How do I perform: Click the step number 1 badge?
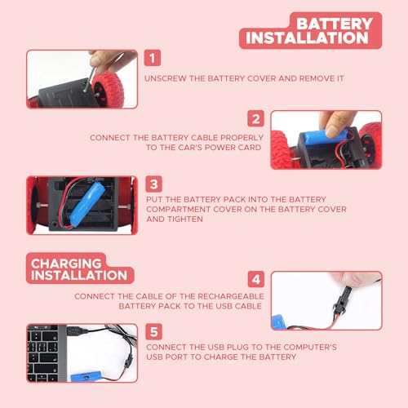(153, 58)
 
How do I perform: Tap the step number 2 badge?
(255, 118)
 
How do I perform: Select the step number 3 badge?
(153, 184)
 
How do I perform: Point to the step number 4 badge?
(256, 279)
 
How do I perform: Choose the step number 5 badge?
(153, 331)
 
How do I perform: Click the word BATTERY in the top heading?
(335, 24)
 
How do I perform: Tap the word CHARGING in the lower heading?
(66, 264)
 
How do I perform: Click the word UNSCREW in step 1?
(166, 78)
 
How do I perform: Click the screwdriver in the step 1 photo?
(90, 79)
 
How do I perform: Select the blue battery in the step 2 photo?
(325, 136)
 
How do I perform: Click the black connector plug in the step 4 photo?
(342, 299)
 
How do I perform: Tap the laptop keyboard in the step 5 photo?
(42, 353)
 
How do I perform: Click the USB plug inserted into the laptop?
(77, 331)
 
